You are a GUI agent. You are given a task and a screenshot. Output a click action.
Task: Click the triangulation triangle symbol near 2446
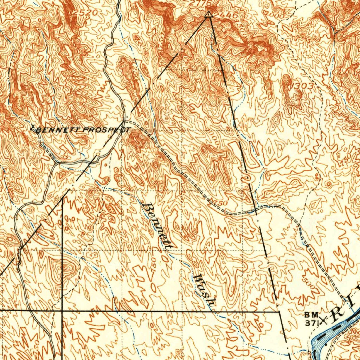208,14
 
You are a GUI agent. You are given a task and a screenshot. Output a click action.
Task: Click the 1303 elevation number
302,85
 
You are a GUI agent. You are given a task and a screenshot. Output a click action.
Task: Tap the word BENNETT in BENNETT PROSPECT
58,130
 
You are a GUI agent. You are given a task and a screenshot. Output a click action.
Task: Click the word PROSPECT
105,130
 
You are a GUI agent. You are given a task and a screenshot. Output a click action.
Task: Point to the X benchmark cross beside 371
323,320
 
